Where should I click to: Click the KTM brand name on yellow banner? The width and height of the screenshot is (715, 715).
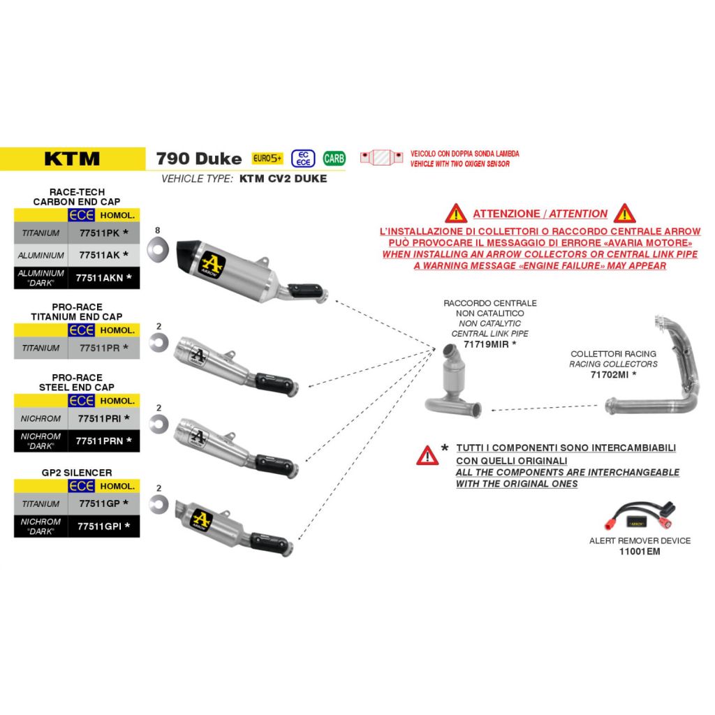72,159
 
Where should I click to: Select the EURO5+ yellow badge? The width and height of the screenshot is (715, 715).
267,159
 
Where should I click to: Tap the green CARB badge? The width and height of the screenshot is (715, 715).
334,159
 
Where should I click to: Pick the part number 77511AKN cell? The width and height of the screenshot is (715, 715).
104,278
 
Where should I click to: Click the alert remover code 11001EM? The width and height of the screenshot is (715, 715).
640,552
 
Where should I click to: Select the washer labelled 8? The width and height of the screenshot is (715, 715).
158,249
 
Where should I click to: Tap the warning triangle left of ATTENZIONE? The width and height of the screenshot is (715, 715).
456,214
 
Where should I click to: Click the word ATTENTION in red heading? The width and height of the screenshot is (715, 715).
578,214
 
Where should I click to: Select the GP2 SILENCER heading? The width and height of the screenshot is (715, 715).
77,473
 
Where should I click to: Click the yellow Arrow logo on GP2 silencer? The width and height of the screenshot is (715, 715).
200,519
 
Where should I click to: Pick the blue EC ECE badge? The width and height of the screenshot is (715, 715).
303,159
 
